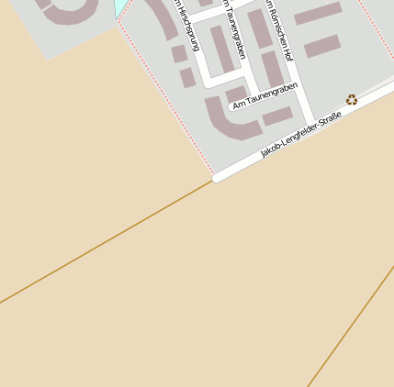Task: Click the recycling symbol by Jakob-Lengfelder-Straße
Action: [x=352, y=99]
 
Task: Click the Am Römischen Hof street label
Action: [x=276, y=37]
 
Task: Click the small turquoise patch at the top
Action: [x=120, y=7]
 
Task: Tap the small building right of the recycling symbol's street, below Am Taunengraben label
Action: [x=277, y=116]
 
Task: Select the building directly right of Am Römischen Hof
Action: [x=322, y=46]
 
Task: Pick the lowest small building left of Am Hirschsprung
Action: [x=187, y=78]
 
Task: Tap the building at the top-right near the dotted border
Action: [x=318, y=13]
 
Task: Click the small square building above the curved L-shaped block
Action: [x=236, y=94]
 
